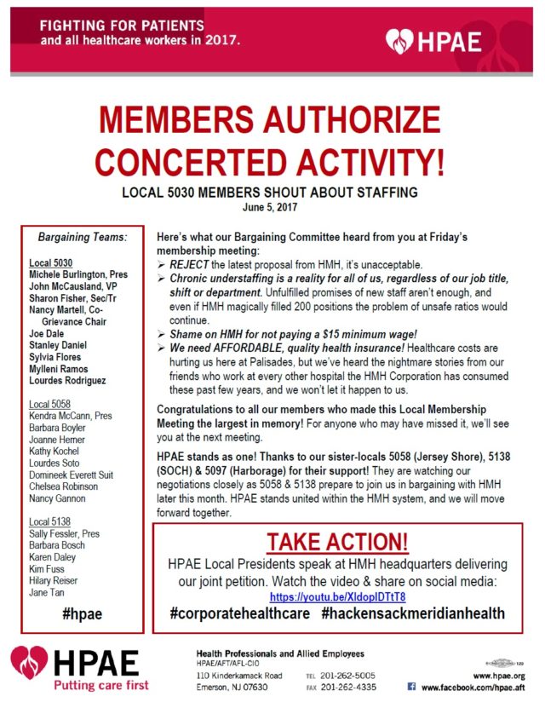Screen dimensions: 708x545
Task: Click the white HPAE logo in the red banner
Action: [433, 40]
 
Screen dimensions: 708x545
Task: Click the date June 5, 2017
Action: [272, 205]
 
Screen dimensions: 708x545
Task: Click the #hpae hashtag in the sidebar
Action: [83, 613]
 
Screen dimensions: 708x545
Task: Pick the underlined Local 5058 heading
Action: [50, 405]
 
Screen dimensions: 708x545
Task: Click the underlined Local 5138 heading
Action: [50, 521]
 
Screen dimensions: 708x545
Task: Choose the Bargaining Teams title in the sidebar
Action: [83, 236]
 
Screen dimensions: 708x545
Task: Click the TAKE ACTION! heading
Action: [337, 542]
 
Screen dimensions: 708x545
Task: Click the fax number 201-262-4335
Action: [359, 687]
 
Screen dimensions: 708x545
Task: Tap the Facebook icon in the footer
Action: [411, 687]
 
